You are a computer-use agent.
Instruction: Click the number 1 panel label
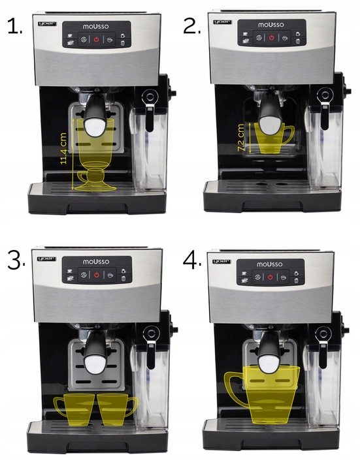pos(14,26)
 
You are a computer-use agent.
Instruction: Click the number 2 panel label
pos(191,26)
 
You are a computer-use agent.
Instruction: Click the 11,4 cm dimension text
pos(63,148)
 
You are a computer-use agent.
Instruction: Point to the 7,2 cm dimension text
pos(240,138)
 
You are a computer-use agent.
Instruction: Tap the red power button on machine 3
pos(96,275)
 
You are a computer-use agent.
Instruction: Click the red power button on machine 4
pos(270,277)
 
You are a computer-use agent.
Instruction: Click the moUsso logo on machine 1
pos(96,26)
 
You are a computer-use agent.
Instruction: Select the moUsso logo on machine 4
pos(270,264)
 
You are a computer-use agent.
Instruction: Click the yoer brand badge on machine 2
pos(222,22)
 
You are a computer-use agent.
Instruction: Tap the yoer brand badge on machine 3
pos(46,258)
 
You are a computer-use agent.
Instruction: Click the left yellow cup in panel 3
pos(74,409)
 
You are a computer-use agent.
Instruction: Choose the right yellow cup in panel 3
pos(116,409)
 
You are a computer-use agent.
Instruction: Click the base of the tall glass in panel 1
pos(95,187)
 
